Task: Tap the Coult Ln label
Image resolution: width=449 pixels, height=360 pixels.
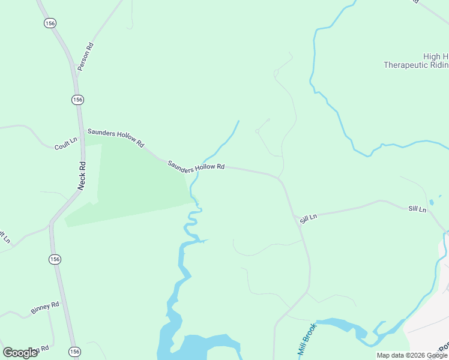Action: coord(66,144)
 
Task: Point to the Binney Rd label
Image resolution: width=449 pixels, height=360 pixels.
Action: coord(45,308)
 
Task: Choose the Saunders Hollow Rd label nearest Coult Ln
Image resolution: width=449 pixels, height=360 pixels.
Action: coord(116,138)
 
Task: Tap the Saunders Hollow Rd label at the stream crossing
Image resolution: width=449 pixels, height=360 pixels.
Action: coord(196,166)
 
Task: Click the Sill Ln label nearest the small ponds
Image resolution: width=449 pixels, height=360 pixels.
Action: coord(417,209)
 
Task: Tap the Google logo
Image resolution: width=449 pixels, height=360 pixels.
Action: coord(20,352)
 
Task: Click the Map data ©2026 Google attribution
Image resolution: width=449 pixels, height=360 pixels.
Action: coord(412,356)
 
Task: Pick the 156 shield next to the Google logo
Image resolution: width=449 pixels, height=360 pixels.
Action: coord(74,352)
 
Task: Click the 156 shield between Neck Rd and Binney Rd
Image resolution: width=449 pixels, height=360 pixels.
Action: coord(55,259)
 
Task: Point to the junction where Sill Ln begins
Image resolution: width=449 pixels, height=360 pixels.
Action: coord(294,215)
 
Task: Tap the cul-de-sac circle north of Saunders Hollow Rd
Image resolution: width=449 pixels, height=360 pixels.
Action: coord(257,130)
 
